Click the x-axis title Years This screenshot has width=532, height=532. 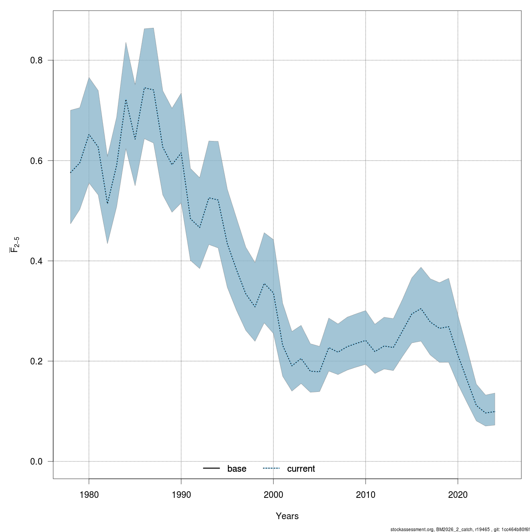coord(287,516)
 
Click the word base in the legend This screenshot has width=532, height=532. coord(237,469)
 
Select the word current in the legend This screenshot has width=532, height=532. coord(301,469)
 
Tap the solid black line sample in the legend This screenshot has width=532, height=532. coord(212,469)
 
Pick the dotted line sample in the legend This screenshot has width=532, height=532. coord(271,469)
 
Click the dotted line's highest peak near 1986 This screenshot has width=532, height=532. coord(145,88)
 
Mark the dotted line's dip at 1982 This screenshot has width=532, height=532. coord(107,203)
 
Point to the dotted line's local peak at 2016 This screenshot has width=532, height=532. coord(421,309)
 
